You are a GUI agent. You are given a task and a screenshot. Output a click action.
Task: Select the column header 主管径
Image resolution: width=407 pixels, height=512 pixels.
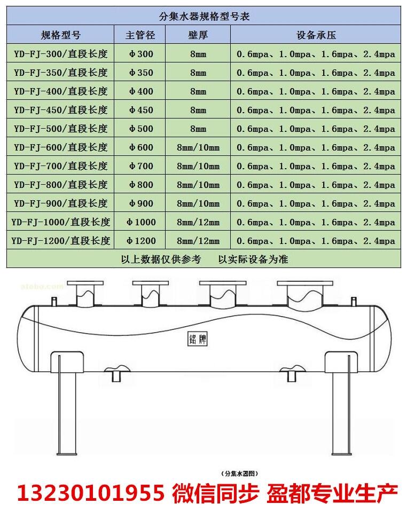pyautogui.click(x=140, y=36)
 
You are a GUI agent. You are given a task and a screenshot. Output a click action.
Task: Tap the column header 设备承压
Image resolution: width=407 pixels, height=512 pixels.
pyautogui.click(x=316, y=36)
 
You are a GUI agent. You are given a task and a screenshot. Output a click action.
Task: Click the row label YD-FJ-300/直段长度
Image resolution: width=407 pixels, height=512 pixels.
pyautogui.click(x=61, y=54)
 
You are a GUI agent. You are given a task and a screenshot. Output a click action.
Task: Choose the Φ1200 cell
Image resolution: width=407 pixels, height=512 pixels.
pyautogui.click(x=140, y=241)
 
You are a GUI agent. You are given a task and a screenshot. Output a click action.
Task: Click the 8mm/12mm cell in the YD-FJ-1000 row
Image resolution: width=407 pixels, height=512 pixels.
pyautogui.click(x=198, y=222)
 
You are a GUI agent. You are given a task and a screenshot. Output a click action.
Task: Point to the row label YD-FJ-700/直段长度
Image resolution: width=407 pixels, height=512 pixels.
pyautogui.click(x=61, y=166)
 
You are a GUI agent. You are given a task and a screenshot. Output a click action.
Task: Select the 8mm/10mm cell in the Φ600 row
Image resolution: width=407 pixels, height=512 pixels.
pyautogui.click(x=198, y=147)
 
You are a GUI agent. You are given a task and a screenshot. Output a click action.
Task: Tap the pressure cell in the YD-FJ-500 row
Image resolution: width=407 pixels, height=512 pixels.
pyautogui.click(x=316, y=129)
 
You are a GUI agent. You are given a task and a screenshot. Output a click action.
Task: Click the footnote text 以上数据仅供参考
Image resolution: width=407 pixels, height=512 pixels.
pyautogui.click(x=161, y=259)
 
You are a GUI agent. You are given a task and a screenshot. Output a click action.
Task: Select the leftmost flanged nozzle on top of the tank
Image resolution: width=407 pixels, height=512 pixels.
pyautogui.click(x=84, y=294)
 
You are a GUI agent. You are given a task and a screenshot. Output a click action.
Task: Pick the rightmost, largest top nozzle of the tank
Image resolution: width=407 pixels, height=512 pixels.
pyautogui.click(x=302, y=294)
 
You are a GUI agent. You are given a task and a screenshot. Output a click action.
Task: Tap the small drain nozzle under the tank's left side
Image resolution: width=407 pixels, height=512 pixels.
pyautogui.click(x=116, y=373)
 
